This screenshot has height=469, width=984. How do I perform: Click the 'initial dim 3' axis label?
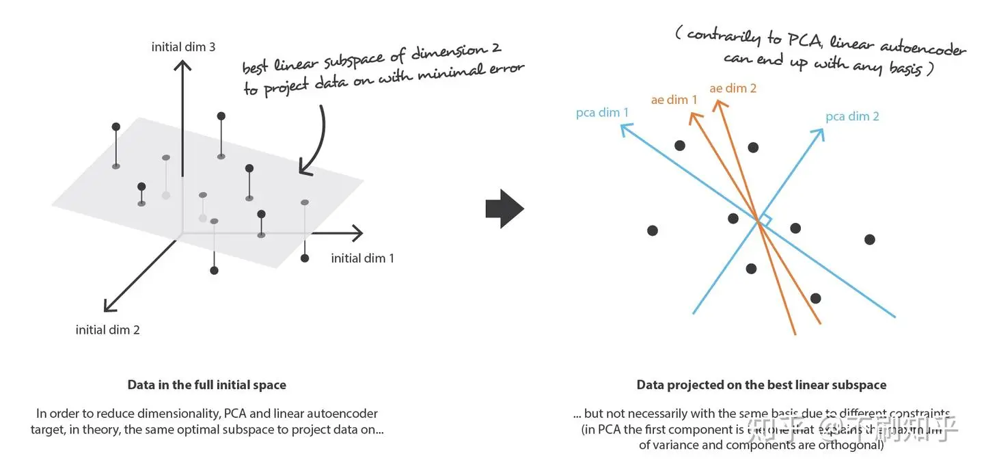[183, 47]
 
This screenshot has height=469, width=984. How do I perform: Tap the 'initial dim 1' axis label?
[362, 258]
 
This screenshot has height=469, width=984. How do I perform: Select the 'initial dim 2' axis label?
[108, 330]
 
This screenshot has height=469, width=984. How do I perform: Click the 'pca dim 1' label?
[602, 112]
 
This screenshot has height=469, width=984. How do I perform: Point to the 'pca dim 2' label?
[852, 116]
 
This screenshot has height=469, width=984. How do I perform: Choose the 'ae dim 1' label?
[674, 100]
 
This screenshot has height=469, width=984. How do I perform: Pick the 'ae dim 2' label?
[733, 88]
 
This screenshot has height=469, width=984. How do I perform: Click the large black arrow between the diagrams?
[504, 209]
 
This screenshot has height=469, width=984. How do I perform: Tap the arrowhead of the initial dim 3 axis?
[182, 66]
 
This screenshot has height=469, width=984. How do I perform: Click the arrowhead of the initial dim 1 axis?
[357, 234]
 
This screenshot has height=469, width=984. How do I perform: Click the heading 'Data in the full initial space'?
[206, 385]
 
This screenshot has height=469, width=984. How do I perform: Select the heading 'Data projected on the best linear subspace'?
[761, 385]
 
